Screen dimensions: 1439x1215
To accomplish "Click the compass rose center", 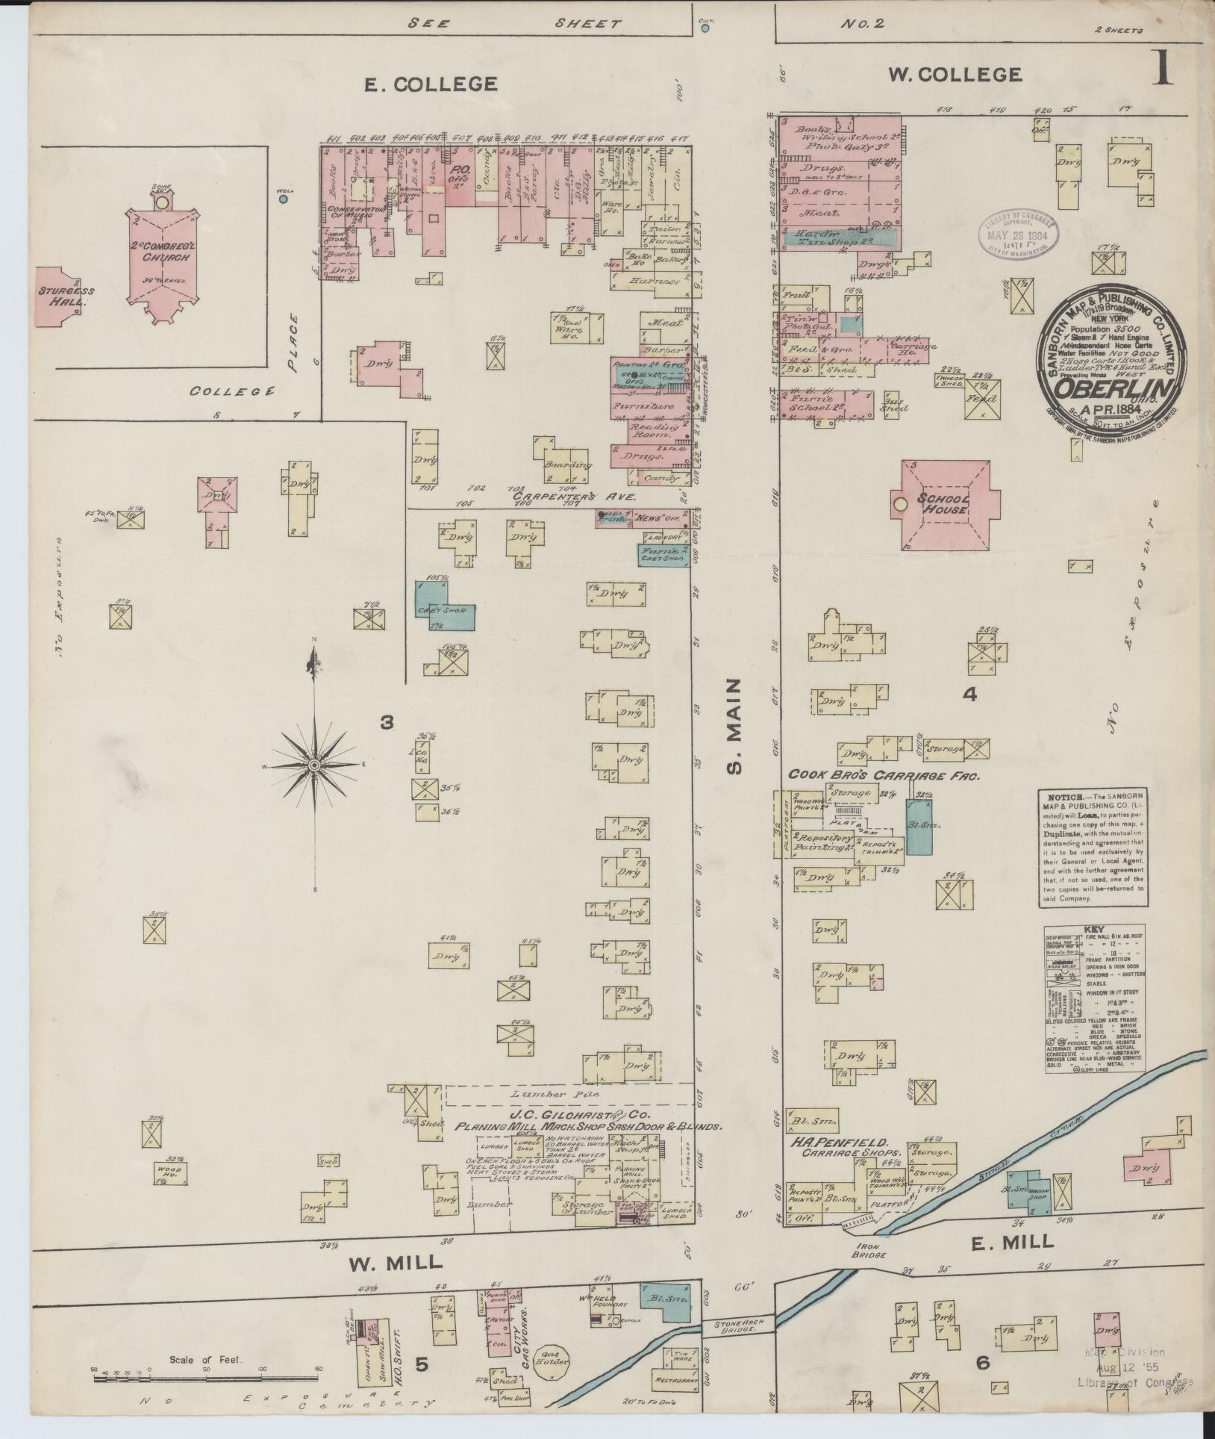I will (315, 766).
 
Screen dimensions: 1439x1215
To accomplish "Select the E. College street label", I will (430, 84).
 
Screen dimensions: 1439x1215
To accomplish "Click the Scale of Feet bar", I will (205, 1379).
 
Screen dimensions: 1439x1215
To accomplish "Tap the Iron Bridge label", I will (871, 1251).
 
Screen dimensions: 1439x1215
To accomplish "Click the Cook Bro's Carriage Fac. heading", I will (884, 775).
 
